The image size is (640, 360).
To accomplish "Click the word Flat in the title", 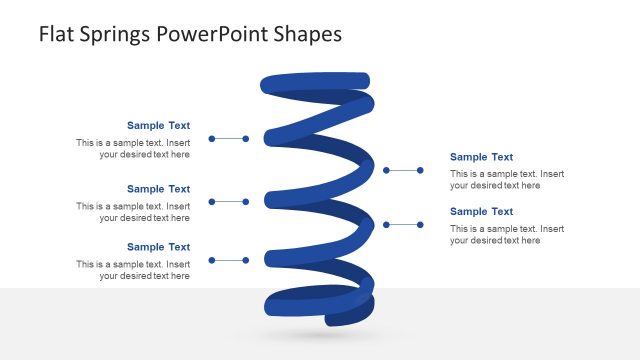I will [57, 34].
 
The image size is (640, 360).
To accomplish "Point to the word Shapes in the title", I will [309, 35].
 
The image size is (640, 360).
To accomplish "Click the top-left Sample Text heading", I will [158, 126].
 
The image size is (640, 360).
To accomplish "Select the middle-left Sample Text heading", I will [158, 189].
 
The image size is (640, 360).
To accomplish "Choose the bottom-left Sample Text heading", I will [158, 247].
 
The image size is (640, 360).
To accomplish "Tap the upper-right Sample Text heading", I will [481, 157].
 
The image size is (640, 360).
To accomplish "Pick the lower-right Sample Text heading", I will [481, 212].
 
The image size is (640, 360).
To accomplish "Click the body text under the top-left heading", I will [133, 149].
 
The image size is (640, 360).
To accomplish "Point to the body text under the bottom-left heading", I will [133, 270].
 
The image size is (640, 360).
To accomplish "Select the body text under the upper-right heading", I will [507, 180].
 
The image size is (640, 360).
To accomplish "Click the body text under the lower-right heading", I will [507, 235].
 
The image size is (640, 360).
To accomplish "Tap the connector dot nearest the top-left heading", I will [212, 139].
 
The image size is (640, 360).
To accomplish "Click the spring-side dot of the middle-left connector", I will [246, 202].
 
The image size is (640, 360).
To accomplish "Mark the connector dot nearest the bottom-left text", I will [212, 260].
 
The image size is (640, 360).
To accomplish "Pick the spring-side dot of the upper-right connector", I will [387, 171].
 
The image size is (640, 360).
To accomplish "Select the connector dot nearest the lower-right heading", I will [421, 225].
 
